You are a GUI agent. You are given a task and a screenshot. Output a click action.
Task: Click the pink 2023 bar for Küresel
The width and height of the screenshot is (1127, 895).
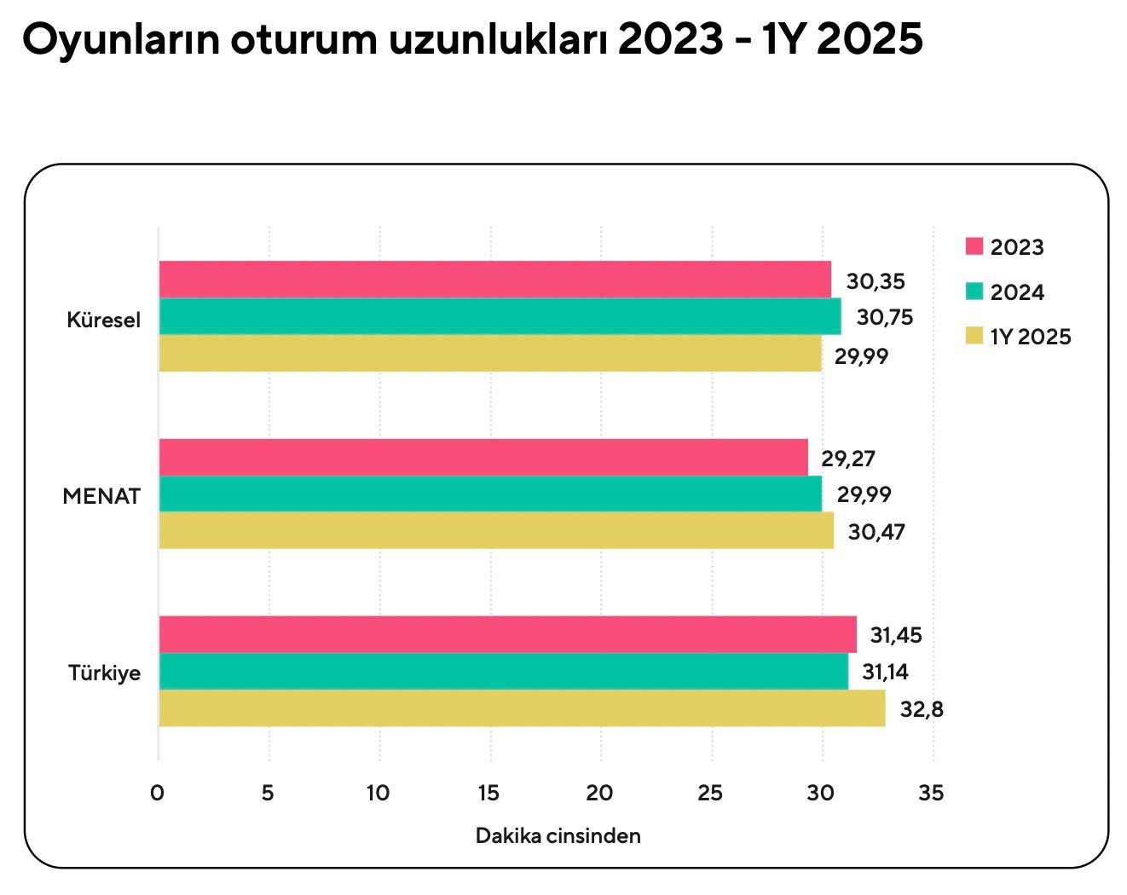click(x=494, y=280)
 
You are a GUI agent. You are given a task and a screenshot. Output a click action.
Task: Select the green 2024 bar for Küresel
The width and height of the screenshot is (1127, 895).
click(x=500, y=316)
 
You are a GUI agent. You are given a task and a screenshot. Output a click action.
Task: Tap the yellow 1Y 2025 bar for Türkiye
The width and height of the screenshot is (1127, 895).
click(x=522, y=708)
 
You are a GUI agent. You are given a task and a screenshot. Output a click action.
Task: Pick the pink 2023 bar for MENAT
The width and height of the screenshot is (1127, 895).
click(x=483, y=457)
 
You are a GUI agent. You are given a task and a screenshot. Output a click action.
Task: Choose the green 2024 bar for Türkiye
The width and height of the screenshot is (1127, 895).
click(x=503, y=672)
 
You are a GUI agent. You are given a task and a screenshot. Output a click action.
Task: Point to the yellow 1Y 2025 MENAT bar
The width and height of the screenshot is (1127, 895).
click(x=496, y=530)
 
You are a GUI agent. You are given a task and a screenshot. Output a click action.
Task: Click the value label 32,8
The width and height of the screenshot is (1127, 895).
click(x=922, y=709)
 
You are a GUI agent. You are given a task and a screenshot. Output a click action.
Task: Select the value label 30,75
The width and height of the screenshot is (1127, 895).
click(x=884, y=318)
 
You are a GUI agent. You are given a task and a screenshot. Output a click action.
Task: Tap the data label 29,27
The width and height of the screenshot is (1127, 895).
click(x=847, y=459)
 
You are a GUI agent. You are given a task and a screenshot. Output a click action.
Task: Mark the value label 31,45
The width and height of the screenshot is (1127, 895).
click(x=895, y=635)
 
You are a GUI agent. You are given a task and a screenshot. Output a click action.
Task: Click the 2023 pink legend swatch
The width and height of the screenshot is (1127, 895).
click(x=974, y=247)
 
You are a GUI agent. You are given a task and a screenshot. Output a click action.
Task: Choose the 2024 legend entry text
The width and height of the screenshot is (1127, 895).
click(x=1017, y=292)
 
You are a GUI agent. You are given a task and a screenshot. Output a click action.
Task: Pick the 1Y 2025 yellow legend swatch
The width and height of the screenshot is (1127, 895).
click(x=974, y=337)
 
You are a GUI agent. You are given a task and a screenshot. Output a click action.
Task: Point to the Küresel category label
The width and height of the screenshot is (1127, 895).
click(x=104, y=320)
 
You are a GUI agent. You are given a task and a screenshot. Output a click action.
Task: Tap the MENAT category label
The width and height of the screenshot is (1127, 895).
click(x=101, y=497)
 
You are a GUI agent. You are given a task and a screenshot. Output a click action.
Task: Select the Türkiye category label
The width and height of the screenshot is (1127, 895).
click(x=105, y=673)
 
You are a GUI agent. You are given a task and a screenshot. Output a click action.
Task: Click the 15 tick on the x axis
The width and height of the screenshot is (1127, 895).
click(x=488, y=794)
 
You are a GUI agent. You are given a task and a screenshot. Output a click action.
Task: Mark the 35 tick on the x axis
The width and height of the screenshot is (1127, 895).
click(x=931, y=794)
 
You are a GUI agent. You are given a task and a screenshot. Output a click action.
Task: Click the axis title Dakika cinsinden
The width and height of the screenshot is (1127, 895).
click(x=558, y=836)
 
